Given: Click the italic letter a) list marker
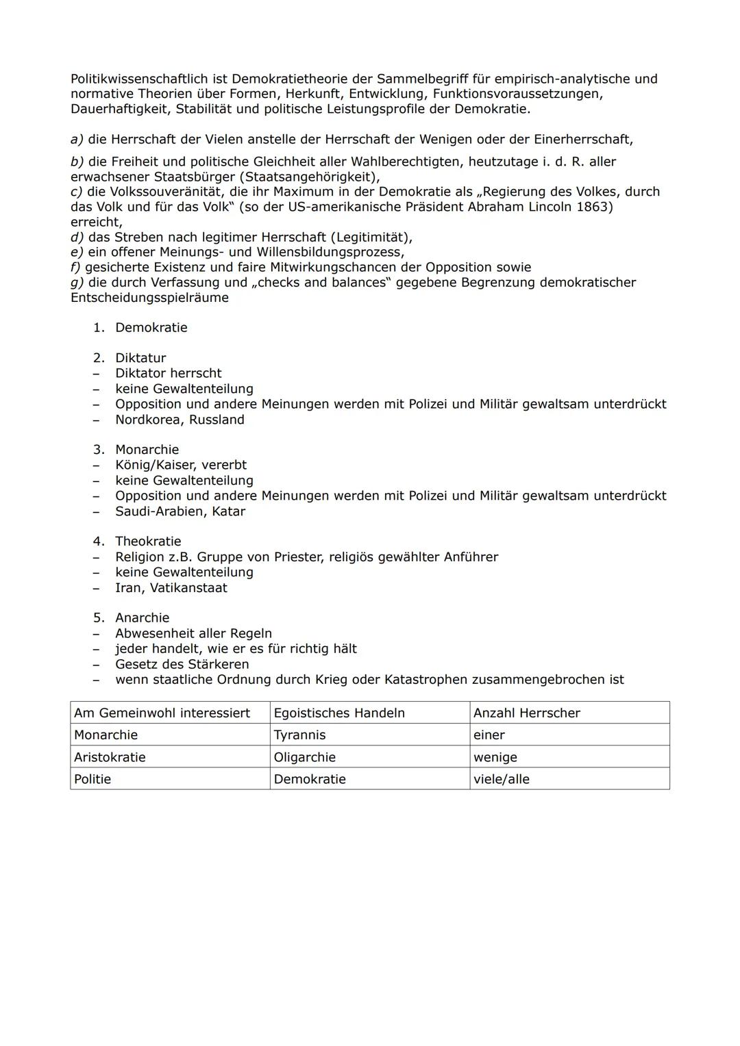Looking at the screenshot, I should point(77,139).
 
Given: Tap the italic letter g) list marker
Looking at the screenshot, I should point(77,282).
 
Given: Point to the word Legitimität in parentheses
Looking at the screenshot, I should point(371,238).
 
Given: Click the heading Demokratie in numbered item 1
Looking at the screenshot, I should point(151,327).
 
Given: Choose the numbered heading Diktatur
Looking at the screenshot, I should point(140,358).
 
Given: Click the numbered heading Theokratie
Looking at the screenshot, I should point(148,541).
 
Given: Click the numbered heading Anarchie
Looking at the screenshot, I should point(142,617).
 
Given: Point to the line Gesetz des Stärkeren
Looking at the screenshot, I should point(182,664).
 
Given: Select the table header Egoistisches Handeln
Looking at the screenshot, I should point(339,713).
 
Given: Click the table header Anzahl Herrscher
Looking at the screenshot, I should point(526,713).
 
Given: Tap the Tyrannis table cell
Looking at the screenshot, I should point(299,735).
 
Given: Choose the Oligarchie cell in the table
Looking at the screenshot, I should point(304,757).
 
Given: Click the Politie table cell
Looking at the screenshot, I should point(92,779).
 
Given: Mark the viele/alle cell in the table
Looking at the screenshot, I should point(501,779).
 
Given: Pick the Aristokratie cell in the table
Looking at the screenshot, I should point(110,757).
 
